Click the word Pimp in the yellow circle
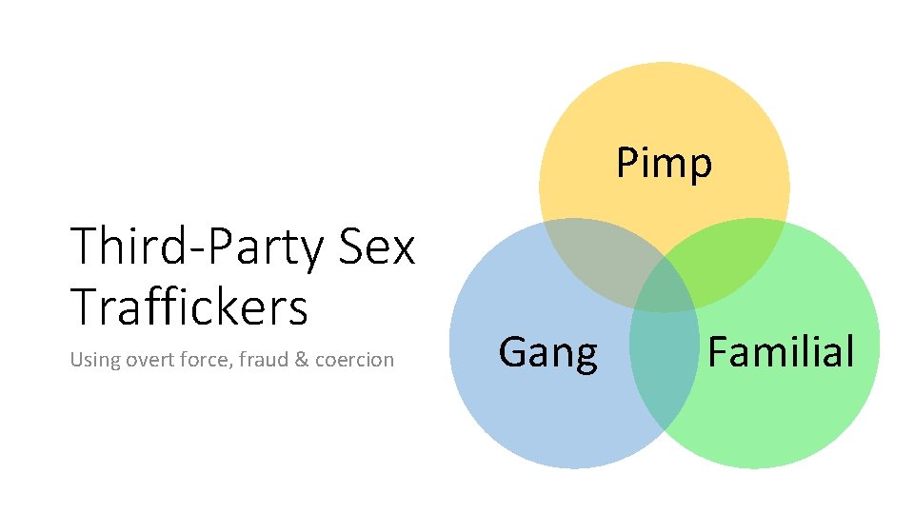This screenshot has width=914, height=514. tap(664, 164)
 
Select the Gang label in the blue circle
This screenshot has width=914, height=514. tap(547, 353)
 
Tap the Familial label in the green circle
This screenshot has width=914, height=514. tap(781, 351)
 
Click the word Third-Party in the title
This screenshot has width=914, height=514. tap(198, 247)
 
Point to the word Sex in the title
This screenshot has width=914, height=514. tap(377, 247)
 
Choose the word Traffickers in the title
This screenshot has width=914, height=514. tap(189, 306)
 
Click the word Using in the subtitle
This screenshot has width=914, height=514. tap(91, 360)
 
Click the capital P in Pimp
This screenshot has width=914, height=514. tap(627, 164)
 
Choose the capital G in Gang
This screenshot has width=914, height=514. tap(511, 353)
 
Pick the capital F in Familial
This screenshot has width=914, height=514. tap(718, 351)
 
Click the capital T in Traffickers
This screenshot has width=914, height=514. tap(85, 306)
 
